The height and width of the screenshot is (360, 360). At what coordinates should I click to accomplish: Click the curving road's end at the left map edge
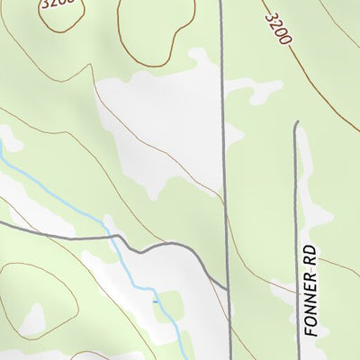tap(2, 220)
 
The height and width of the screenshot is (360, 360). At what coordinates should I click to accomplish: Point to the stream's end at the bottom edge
tap(184, 357)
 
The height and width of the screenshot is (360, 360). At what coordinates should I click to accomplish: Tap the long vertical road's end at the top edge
tap(220, 3)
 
